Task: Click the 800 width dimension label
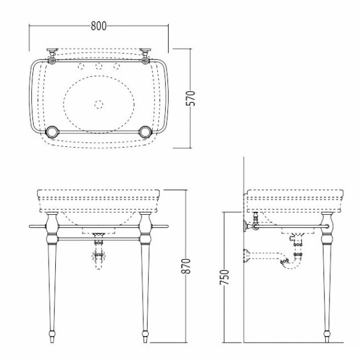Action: [99, 26]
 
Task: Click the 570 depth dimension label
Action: [190, 98]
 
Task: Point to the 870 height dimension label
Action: [186, 266]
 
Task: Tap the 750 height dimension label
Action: [224, 277]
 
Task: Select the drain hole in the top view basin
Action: [98, 104]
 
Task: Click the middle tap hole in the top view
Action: [99, 67]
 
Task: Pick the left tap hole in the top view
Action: [81, 67]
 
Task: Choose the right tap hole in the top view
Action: [116, 67]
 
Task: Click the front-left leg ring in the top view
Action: [52, 132]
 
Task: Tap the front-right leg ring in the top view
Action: [145, 132]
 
